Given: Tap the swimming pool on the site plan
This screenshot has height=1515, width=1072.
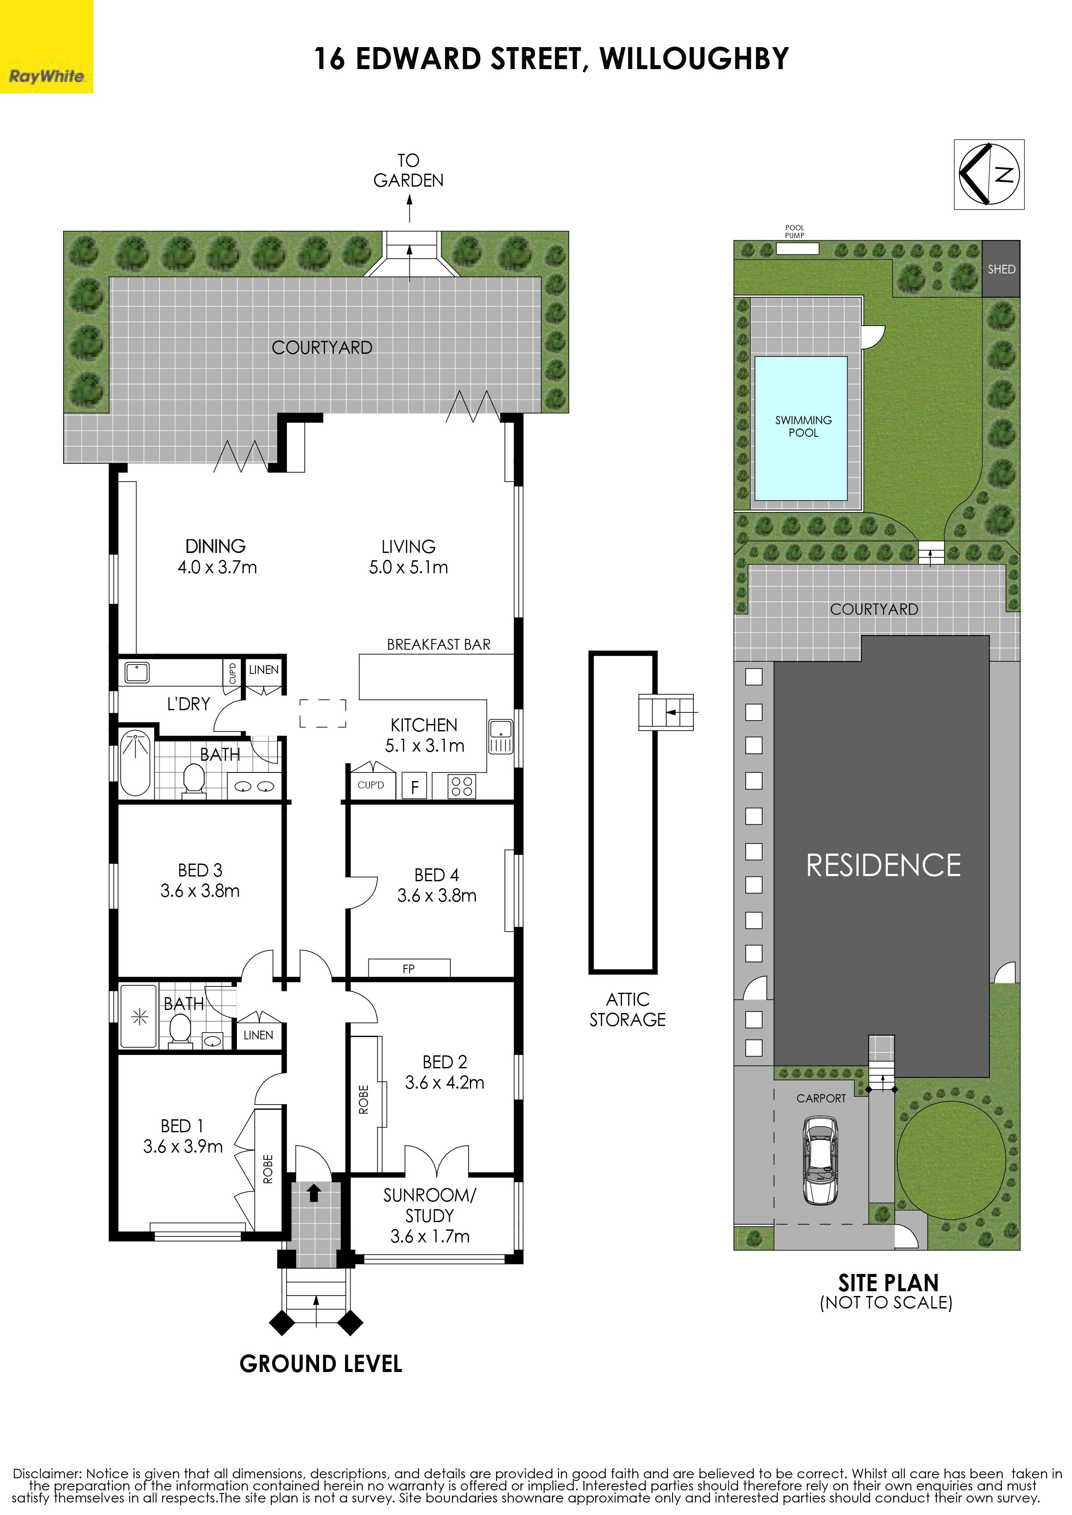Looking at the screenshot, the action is pos(801,428).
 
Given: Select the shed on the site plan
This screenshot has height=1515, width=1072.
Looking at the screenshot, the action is pos(1001,269).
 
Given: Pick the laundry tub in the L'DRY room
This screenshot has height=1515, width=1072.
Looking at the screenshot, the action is pos(137,672).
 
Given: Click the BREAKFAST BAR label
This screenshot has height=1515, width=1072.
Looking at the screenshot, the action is pos(439,645).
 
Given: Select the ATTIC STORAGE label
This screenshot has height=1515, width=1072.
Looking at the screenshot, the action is pos(628,1010).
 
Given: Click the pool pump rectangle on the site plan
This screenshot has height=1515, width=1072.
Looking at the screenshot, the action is pos(798,249).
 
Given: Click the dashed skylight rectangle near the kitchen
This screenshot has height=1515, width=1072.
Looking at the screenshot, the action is pos(323,713).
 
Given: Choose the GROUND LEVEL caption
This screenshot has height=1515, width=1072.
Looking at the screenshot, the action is pos(321,1364).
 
